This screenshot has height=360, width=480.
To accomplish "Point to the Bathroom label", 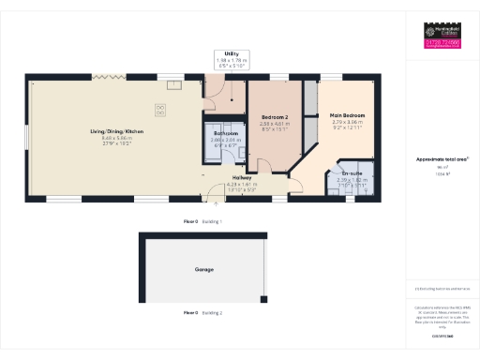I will pos(226,134).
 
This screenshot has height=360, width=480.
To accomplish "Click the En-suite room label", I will pos(352,173).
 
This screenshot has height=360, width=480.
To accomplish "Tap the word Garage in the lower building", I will pos(203,270).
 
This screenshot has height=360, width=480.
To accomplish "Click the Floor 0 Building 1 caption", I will pos(202,221).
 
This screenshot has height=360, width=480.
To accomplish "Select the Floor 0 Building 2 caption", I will pos(202,311).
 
